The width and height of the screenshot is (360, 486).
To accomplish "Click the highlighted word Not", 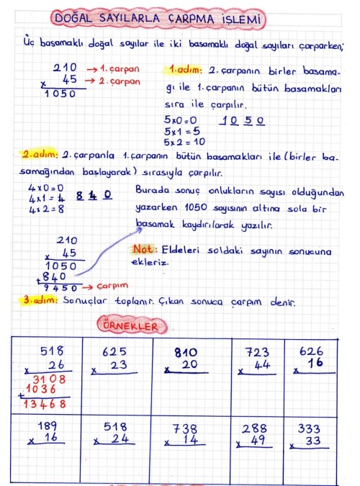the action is tap(140, 249).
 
